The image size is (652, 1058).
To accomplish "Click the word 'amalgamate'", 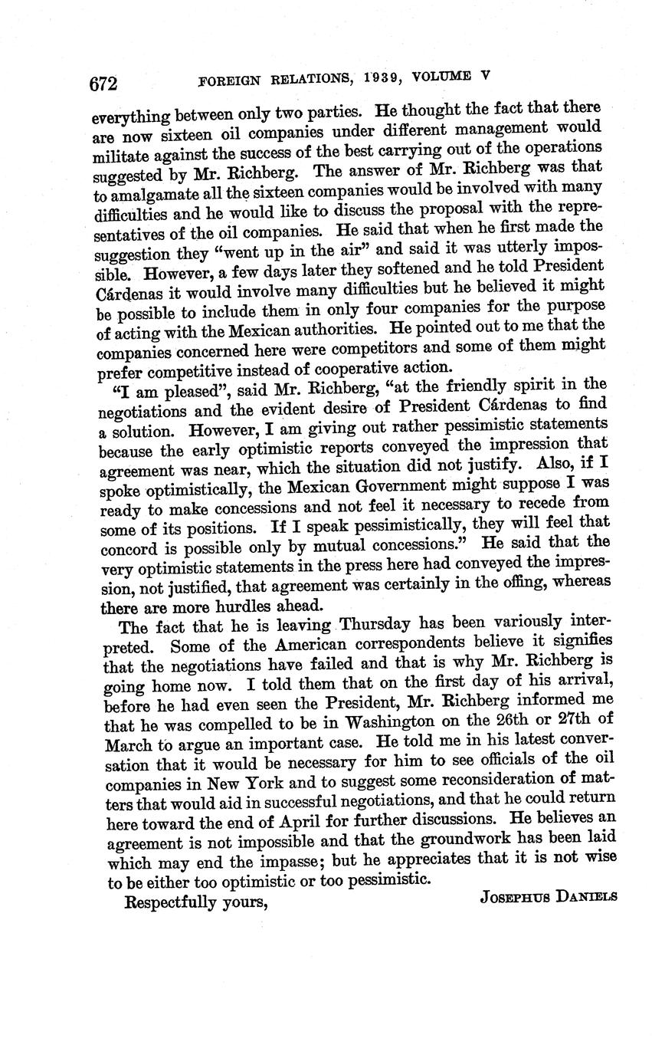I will coord(149,196).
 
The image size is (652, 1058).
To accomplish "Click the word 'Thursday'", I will coord(375,624).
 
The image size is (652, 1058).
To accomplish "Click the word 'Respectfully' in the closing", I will coord(170,902).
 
